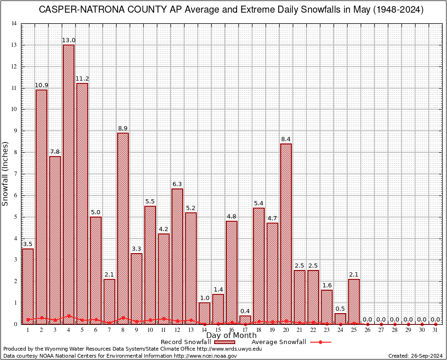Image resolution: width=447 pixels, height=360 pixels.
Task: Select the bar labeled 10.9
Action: click(41, 207)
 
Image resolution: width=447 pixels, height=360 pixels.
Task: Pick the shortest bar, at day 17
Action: click(245, 320)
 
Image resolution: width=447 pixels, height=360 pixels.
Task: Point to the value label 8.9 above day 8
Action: click(123, 128)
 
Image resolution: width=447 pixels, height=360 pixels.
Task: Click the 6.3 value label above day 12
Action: click(177, 184)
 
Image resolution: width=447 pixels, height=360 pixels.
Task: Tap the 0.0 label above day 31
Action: click(435, 319)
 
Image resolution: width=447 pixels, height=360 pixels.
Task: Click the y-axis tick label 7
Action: click(16, 174)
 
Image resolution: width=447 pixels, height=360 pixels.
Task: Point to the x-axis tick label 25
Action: click(354, 330)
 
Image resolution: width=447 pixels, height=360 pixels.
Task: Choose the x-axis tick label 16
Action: click(231, 330)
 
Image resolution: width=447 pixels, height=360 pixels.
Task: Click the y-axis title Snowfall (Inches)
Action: click(6, 174)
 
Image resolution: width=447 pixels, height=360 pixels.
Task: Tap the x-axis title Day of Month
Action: click(231, 336)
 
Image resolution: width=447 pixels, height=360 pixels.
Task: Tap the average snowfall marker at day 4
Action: click(68, 316)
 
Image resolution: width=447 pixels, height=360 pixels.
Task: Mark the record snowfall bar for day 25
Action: click(354, 301)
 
